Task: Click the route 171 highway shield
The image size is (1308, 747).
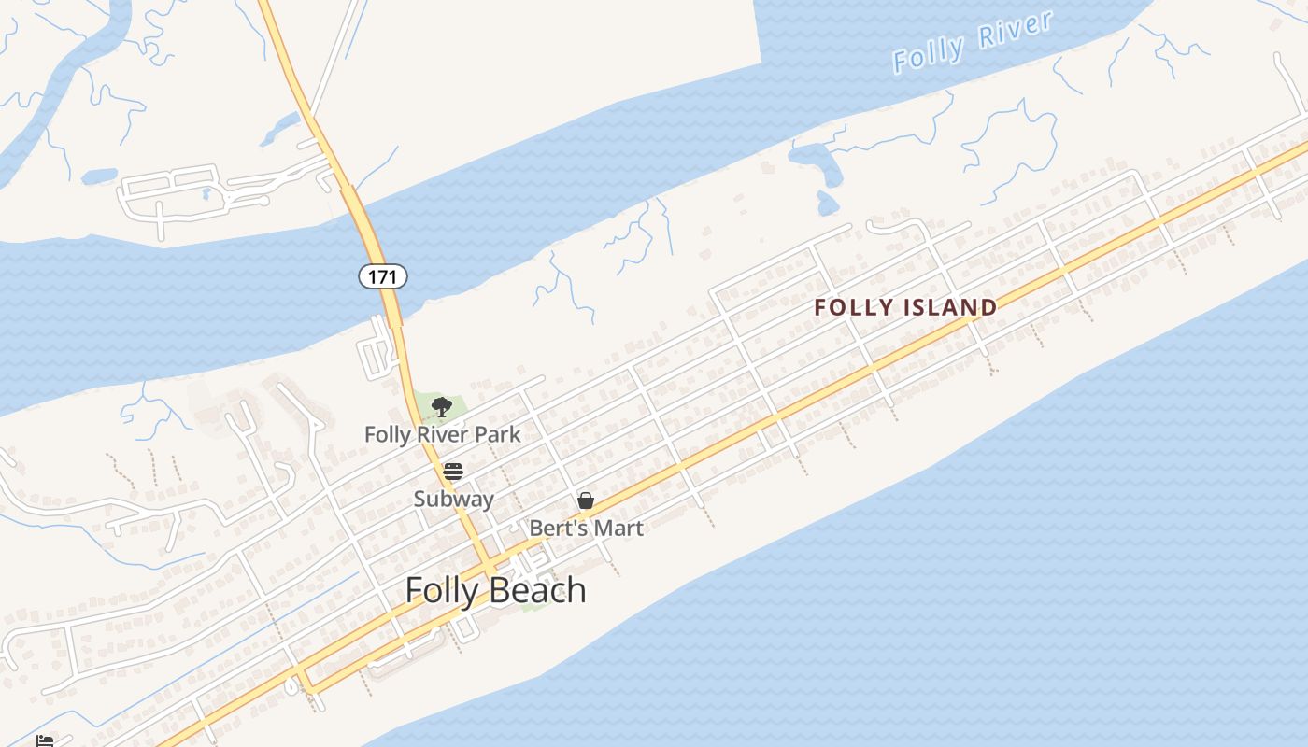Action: click(383, 276)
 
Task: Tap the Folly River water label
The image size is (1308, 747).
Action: click(973, 43)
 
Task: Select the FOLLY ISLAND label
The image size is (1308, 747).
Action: click(905, 307)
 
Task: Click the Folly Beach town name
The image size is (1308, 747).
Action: click(495, 590)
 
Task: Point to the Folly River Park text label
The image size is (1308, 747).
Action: click(442, 434)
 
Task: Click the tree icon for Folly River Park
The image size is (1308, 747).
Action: click(442, 406)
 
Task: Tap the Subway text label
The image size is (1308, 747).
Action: click(453, 499)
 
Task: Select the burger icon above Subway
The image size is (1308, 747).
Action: click(453, 471)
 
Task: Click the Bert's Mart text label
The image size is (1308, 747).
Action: click(586, 529)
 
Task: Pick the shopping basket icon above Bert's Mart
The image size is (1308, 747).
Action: click(586, 500)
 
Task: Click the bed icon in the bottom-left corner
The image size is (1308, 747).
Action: click(44, 741)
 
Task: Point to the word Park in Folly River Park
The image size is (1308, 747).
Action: click(499, 434)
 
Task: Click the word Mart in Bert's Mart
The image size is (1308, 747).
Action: click(618, 529)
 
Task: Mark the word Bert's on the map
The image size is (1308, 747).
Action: click(558, 529)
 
